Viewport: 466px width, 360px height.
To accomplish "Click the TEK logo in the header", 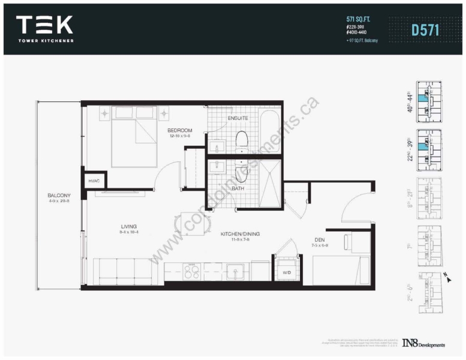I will point(45,25).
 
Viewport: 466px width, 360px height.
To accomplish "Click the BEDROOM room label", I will point(179,130).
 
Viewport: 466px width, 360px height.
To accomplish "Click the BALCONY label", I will point(59,196).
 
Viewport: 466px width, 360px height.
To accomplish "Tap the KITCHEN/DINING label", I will point(240,233).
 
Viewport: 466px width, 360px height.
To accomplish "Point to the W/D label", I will point(287,274).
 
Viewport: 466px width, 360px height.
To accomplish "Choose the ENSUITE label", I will point(237,118).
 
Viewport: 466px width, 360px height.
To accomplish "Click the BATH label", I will point(238,188).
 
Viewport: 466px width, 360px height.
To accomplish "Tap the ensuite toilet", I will point(242,139).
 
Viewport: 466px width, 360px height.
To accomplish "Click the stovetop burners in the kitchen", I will point(191,272).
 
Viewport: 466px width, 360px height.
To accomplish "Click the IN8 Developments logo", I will point(423,344).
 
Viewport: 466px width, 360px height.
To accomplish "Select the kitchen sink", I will point(234,271).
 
